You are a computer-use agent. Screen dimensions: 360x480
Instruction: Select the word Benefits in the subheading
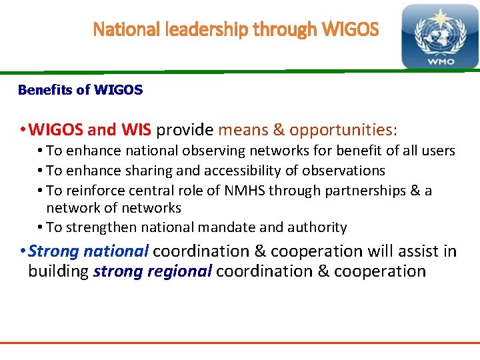(x=45, y=90)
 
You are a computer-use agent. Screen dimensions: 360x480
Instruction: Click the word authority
(x=316, y=227)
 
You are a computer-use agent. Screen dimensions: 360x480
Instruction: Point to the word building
(x=58, y=271)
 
